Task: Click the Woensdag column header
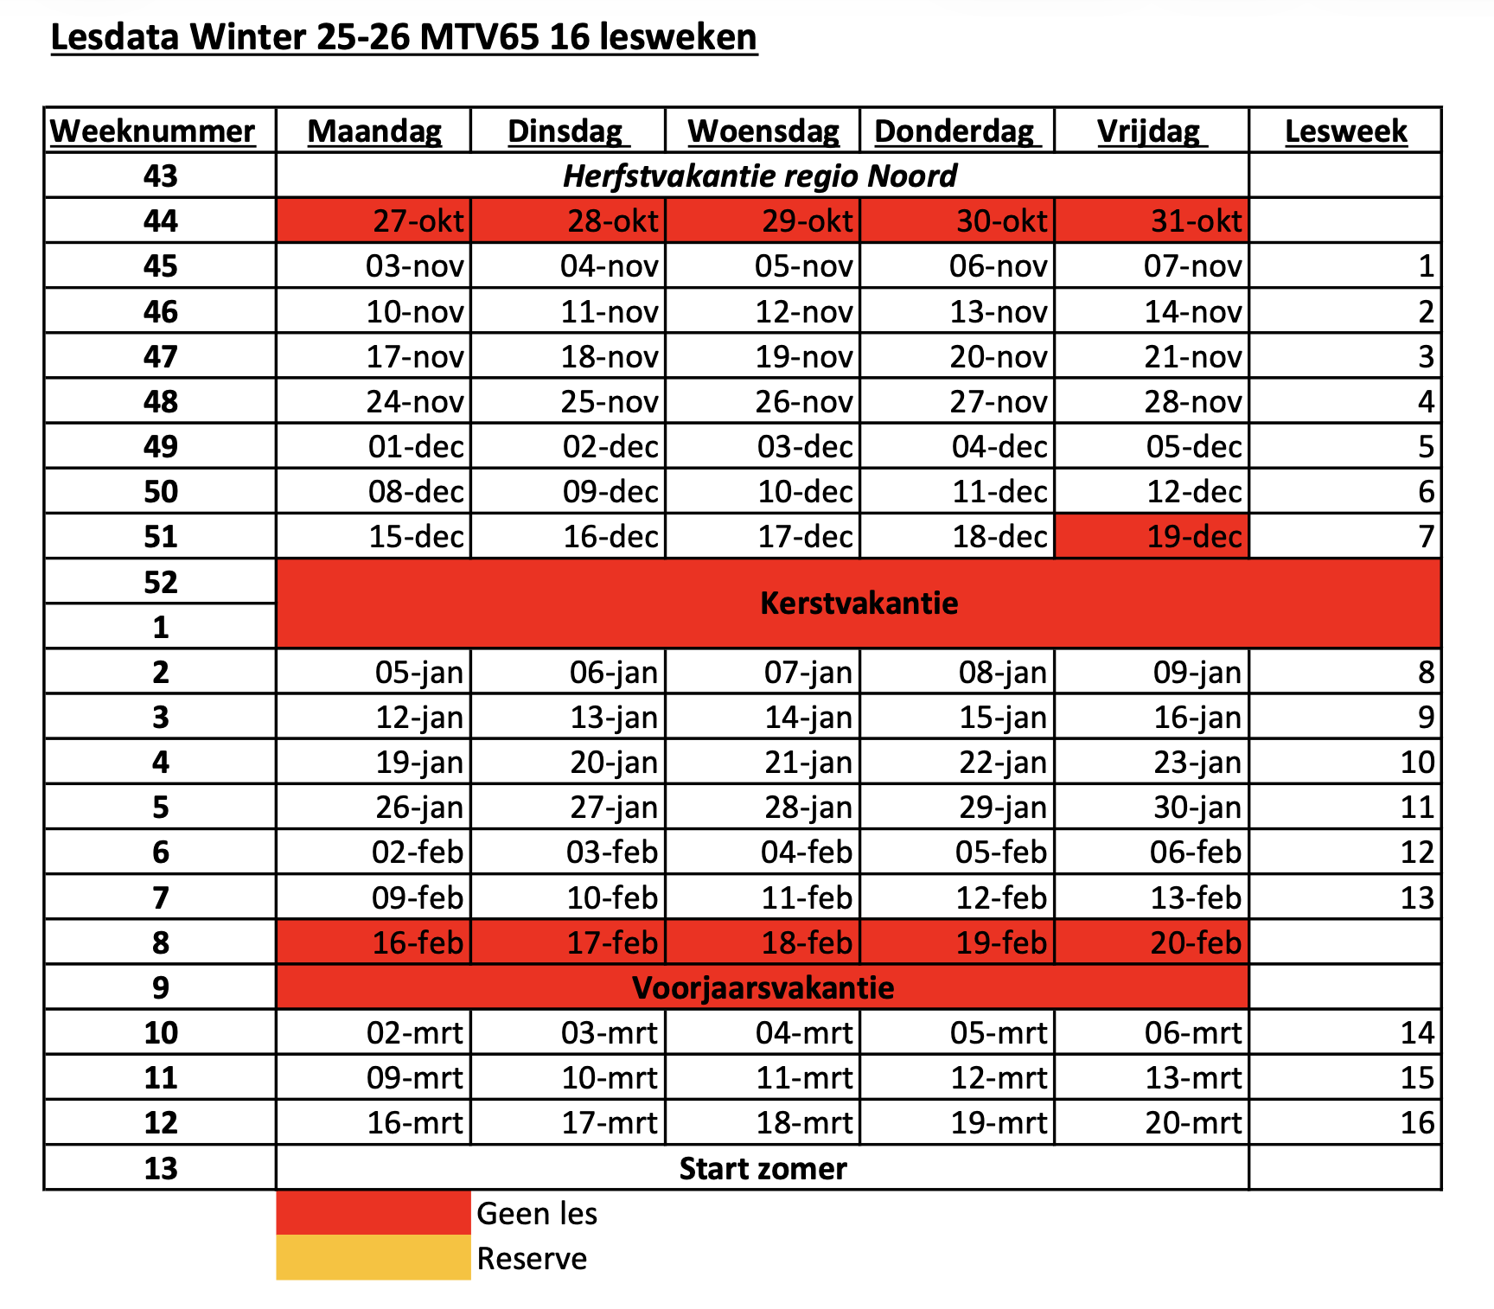point(763,131)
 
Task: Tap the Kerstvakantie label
point(859,603)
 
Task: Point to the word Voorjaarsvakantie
point(763,987)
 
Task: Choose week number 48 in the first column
point(161,402)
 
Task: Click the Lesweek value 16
point(1417,1123)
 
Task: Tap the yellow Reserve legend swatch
point(373,1258)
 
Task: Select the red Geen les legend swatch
point(373,1213)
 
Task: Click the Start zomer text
point(763,1169)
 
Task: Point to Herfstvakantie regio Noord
point(760,176)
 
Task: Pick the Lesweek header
point(1345,131)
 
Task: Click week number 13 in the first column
point(161,1169)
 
